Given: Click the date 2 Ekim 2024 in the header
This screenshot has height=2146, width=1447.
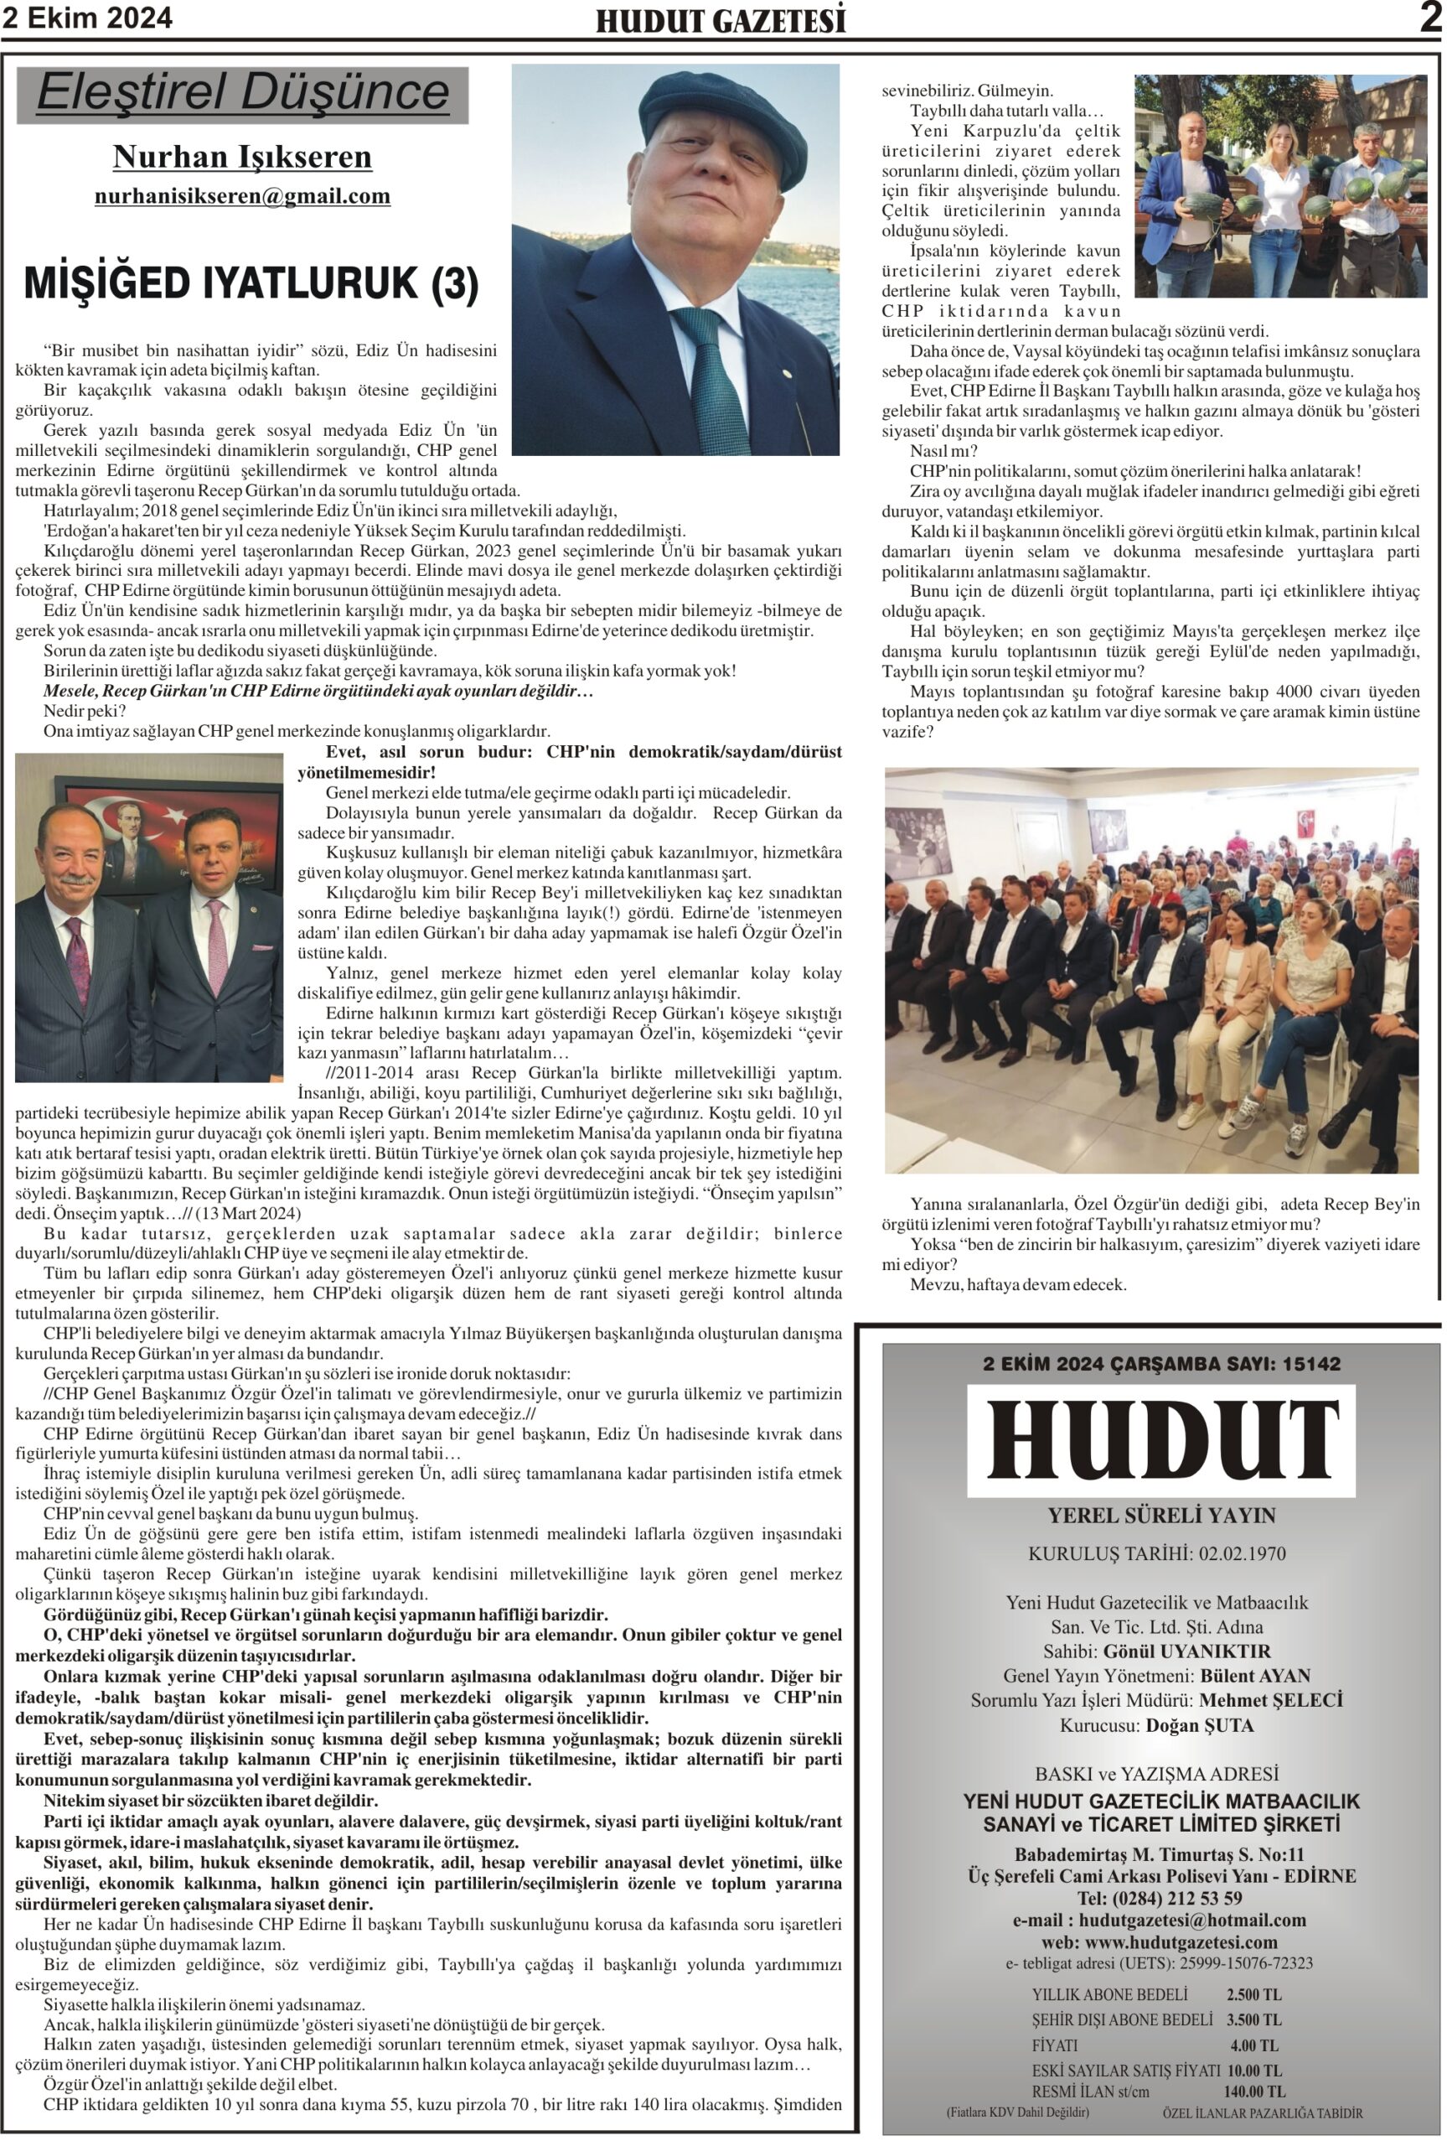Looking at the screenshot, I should tap(87, 18).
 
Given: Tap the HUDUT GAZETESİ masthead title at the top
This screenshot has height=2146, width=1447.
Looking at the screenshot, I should tap(720, 20).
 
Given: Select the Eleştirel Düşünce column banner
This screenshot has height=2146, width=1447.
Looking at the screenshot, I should tap(243, 93).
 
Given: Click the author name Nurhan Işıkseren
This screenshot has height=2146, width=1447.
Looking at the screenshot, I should tap(242, 157).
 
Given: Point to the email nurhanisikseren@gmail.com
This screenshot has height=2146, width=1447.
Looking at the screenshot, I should tap(242, 195).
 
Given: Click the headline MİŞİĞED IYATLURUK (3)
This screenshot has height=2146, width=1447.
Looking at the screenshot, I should tap(251, 283).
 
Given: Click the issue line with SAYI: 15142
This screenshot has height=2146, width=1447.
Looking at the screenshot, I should tap(1161, 1363).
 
